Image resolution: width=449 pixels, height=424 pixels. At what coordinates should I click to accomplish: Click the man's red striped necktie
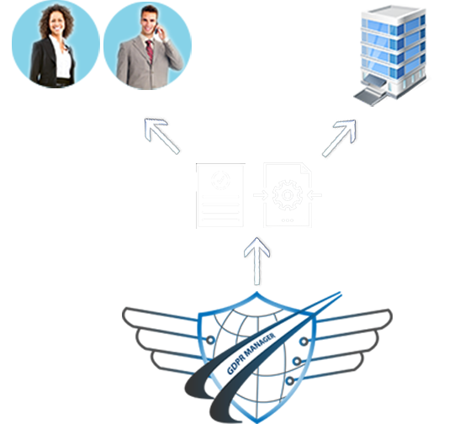click(150, 51)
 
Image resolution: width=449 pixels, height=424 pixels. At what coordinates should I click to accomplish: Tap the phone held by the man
click(156, 28)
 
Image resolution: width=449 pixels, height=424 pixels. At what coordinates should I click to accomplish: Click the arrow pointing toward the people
click(161, 136)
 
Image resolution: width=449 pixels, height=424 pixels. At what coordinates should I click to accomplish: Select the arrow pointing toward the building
click(339, 138)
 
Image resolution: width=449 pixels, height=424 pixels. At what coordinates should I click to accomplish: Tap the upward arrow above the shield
click(256, 261)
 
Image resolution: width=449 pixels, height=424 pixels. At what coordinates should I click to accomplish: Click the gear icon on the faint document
click(288, 195)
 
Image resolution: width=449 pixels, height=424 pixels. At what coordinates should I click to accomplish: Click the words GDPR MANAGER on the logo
click(251, 353)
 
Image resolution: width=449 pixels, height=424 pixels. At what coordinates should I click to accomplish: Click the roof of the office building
click(394, 12)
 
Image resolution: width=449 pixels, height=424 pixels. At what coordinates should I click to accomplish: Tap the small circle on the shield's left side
click(210, 340)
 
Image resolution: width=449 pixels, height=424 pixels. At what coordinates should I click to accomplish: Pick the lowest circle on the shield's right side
click(290, 381)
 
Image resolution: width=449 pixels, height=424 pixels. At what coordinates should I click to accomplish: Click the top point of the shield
click(256, 293)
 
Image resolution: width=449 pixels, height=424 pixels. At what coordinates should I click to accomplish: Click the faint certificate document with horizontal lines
click(220, 196)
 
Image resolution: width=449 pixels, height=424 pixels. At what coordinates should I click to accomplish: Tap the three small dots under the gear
click(288, 220)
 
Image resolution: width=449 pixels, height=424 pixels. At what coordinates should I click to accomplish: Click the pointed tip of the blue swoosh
click(340, 293)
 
